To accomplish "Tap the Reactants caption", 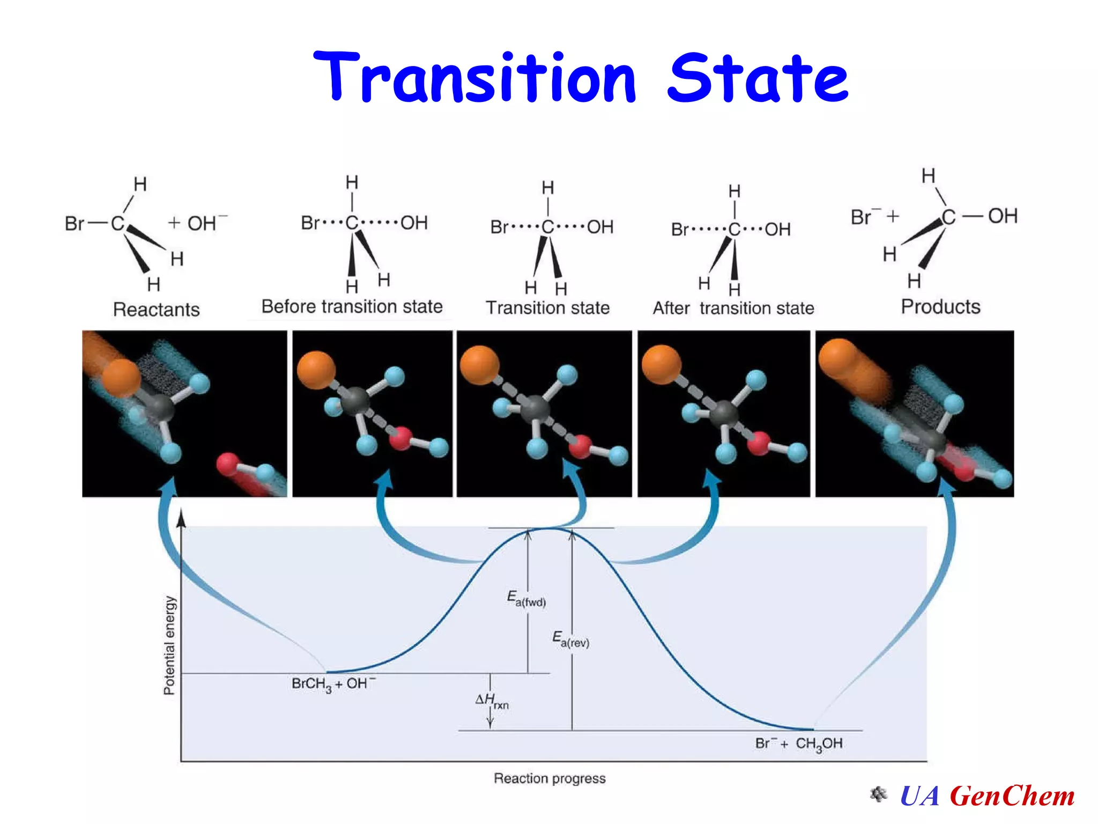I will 156,310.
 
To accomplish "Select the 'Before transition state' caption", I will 352,306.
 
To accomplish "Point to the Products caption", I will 940,306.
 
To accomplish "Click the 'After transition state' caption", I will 733,308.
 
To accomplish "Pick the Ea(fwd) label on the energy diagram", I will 526,599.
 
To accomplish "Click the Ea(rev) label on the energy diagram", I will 570,639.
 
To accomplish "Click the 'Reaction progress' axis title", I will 550,778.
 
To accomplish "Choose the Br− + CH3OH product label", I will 798,744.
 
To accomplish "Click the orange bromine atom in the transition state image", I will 479,365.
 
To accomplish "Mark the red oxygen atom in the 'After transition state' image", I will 759,443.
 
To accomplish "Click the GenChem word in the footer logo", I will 1012,796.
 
